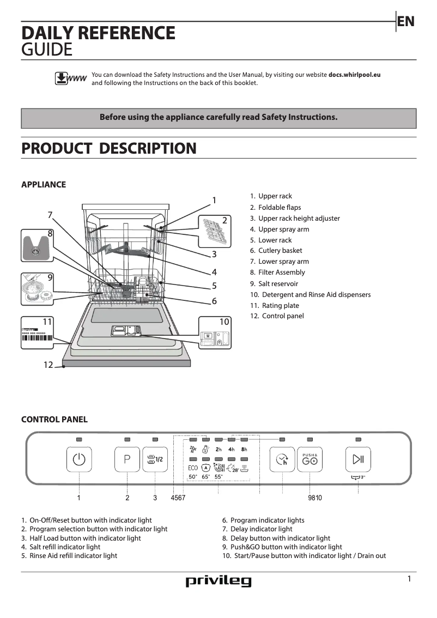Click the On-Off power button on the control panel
pos(80,459)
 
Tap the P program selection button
pos(127,459)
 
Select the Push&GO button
pos(309,459)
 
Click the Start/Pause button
pos(358,459)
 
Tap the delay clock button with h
pos(282,459)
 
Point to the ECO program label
pos(193,468)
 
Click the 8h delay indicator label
pos(244,450)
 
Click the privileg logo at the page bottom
pos(218,581)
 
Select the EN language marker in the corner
pos(405,21)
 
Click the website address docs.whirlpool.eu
pos(354,75)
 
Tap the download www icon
pos(70,78)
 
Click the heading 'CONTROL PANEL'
pos(54,420)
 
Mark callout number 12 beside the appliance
pos(48,365)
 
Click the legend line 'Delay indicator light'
pos(261,529)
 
